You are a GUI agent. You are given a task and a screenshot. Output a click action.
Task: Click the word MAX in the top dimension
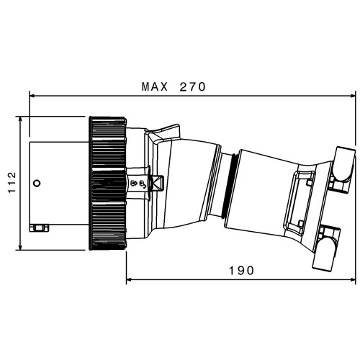point(155,87)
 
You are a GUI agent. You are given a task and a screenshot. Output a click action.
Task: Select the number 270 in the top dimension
point(193,87)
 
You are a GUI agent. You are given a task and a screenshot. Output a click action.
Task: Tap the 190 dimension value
point(241,271)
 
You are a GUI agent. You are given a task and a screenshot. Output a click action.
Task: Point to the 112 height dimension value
point(12,182)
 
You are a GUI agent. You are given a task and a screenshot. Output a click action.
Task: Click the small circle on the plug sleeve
point(37,184)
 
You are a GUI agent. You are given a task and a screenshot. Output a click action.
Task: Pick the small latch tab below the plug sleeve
point(39,228)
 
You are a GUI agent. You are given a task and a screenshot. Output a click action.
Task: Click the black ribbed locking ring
point(107,184)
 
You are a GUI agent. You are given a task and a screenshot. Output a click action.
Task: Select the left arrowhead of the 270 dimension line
point(32,96)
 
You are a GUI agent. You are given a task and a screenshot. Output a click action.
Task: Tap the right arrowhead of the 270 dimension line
point(352,96)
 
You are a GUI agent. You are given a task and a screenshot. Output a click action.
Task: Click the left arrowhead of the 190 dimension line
point(130,279)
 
